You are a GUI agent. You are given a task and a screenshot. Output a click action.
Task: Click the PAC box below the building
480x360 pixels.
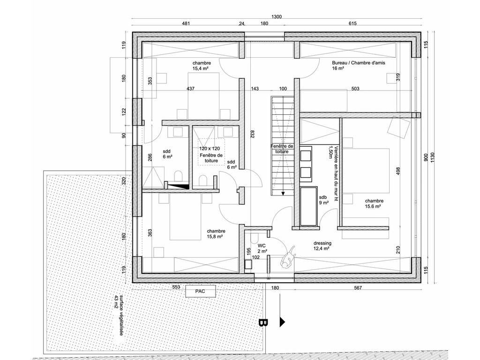[x=201, y=291]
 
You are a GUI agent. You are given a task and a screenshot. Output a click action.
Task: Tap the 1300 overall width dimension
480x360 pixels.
[x=277, y=17]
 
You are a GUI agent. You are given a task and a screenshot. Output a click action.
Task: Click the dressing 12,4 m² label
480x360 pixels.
[x=322, y=246]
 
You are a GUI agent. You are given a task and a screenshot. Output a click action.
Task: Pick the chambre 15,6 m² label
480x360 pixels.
[x=374, y=203]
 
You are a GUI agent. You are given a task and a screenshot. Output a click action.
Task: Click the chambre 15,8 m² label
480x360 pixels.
[x=216, y=234]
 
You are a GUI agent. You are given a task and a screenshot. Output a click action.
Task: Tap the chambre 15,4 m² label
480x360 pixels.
[x=202, y=66]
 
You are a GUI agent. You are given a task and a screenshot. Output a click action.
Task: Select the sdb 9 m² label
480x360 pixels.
[x=323, y=200]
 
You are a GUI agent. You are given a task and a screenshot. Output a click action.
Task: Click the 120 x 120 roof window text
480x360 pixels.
[x=210, y=149]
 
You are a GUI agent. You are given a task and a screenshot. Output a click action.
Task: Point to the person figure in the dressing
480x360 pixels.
[x=289, y=257]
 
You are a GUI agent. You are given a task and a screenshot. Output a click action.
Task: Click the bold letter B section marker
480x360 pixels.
[x=263, y=322]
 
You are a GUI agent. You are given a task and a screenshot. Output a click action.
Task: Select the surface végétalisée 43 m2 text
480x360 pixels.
[x=119, y=315]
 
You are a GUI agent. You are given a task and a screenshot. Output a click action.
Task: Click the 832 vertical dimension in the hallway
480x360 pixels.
[x=252, y=135]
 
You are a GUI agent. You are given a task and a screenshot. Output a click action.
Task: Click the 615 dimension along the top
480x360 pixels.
[x=352, y=23]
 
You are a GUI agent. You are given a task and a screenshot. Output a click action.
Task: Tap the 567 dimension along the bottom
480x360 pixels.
[x=358, y=288]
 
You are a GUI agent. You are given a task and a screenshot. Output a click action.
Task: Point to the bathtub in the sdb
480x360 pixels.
[x=308, y=206]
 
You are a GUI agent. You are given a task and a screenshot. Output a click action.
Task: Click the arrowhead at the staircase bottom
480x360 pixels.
[x=283, y=194]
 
